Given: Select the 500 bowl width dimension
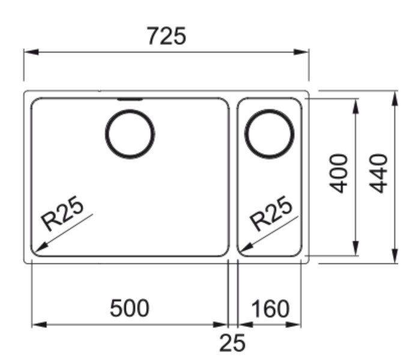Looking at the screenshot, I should pos(129,308).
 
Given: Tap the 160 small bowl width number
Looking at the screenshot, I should pos(270,310).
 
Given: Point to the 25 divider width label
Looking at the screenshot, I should pos(232,343).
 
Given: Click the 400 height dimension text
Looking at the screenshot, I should pos(340,173).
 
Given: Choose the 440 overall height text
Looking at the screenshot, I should pos(378,173).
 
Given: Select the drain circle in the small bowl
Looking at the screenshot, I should pos(270,133).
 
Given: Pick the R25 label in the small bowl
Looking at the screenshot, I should pos(271,213).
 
